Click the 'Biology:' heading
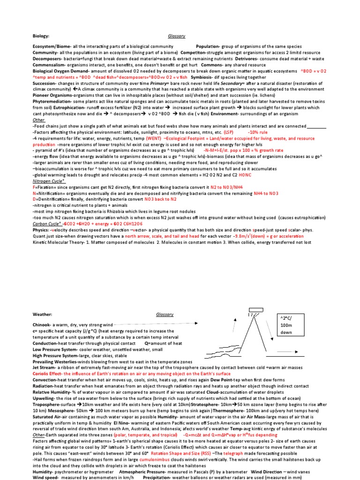[x=40, y=36]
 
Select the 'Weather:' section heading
[x=42, y=315]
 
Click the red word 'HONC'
[x=219, y=175]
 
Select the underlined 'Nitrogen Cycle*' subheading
[x=49, y=180]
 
